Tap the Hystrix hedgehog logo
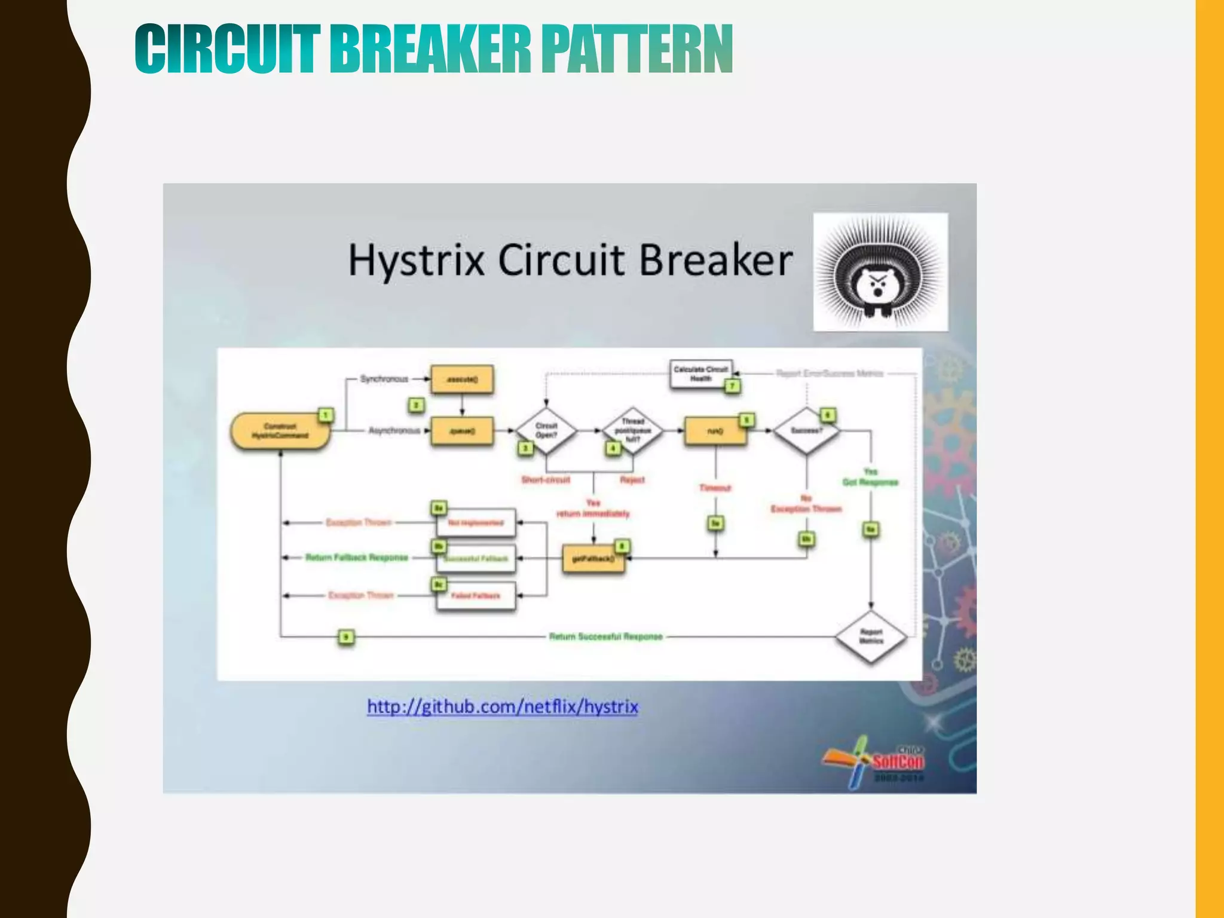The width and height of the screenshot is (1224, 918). pyautogui.click(x=880, y=272)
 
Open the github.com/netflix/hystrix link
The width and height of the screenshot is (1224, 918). pyautogui.click(x=502, y=707)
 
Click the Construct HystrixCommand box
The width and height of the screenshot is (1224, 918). pyautogui.click(x=280, y=431)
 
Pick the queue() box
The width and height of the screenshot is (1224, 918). pyautogui.click(x=462, y=431)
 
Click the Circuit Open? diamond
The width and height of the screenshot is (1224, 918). pyautogui.click(x=546, y=431)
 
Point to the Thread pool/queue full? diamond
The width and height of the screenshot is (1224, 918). pyautogui.click(x=632, y=431)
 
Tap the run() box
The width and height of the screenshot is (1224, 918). pyautogui.click(x=715, y=431)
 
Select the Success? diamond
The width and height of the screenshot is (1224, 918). pyautogui.click(x=806, y=431)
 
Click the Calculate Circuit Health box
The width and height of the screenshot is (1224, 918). pyautogui.click(x=700, y=374)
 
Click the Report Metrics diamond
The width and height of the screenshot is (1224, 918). pyautogui.click(x=871, y=637)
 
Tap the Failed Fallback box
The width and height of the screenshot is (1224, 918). pyautogui.click(x=476, y=596)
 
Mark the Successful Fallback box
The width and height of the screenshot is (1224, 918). pyautogui.click(x=476, y=559)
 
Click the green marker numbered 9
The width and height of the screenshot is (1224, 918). pyautogui.click(x=346, y=637)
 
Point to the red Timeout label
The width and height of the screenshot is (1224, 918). pyautogui.click(x=715, y=488)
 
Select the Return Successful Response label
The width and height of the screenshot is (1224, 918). pyautogui.click(x=605, y=637)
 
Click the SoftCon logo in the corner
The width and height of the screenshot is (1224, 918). pyautogui.click(x=879, y=762)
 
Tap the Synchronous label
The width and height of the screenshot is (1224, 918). pyautogui.click(x=384, y=379)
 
